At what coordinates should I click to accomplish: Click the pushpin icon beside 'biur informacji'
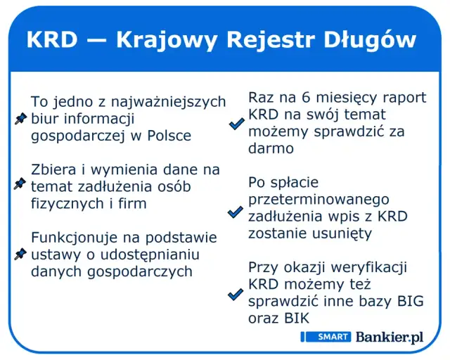click(x=20, y=120)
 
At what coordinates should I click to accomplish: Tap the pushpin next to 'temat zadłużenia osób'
click(x=20, y=184)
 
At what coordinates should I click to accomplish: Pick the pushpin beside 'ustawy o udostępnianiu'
click(x=20, y=253)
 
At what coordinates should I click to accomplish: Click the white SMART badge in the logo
click(x=326, y=337)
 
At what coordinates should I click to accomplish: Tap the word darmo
click(x=271, y=148)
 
